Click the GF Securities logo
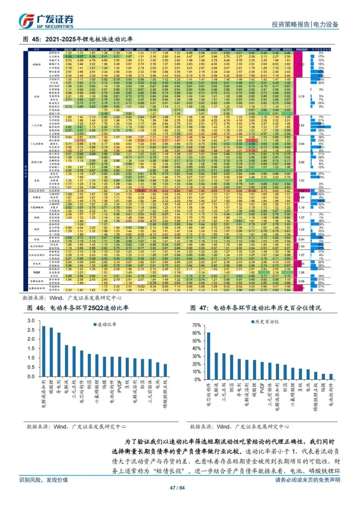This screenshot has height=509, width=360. coord(46,21)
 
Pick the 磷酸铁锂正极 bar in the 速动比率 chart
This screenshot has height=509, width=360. coord(165,370)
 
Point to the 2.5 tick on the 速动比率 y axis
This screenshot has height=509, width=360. coord(31,330)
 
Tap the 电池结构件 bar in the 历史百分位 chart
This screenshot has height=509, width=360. coord(331,377)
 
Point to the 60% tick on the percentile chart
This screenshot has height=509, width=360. coord(197,333)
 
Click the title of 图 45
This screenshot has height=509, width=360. coord(78,39)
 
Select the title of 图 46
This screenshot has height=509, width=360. coord(78,308)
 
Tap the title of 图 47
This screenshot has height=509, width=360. coord(255,308)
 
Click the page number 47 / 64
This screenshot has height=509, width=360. coord(177,488)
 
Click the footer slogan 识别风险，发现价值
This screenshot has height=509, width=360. coord(44,480)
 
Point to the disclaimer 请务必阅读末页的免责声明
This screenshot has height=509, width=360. coord(307,480)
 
